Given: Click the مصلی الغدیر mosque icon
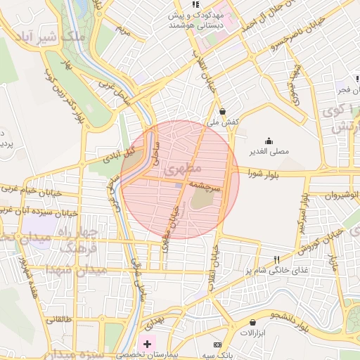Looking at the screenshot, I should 268,140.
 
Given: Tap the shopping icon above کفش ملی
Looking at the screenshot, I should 222,110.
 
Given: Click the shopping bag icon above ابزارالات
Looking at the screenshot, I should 252,322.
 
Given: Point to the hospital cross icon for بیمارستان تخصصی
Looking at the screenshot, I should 147,345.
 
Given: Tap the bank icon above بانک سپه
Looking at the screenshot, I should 217,345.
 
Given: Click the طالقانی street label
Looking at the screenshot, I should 60,319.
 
